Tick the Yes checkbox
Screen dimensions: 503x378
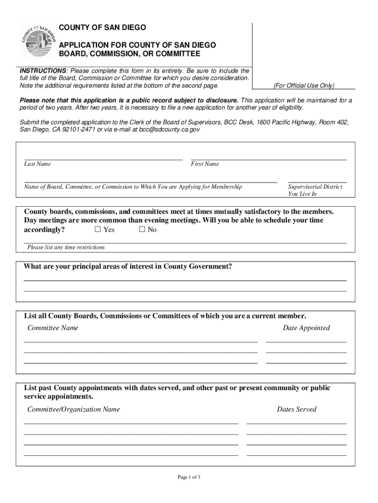[98, 229]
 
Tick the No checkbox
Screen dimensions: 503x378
[142, 229]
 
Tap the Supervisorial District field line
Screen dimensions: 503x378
[317, 181]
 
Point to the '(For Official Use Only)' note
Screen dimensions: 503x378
[304, 85]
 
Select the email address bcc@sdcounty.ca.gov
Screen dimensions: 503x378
[169, 130]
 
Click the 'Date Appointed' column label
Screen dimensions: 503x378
[306, 328]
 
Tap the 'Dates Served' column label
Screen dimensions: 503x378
[297, 409]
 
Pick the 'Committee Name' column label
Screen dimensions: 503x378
[53, 328]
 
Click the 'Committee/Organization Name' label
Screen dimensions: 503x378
[74, 409]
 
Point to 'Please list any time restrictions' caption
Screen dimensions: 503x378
[66, 247]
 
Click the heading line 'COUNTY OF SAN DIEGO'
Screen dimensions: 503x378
[103, 27]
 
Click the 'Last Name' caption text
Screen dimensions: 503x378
[37, 164]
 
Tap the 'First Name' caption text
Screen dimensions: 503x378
[205, 164]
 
